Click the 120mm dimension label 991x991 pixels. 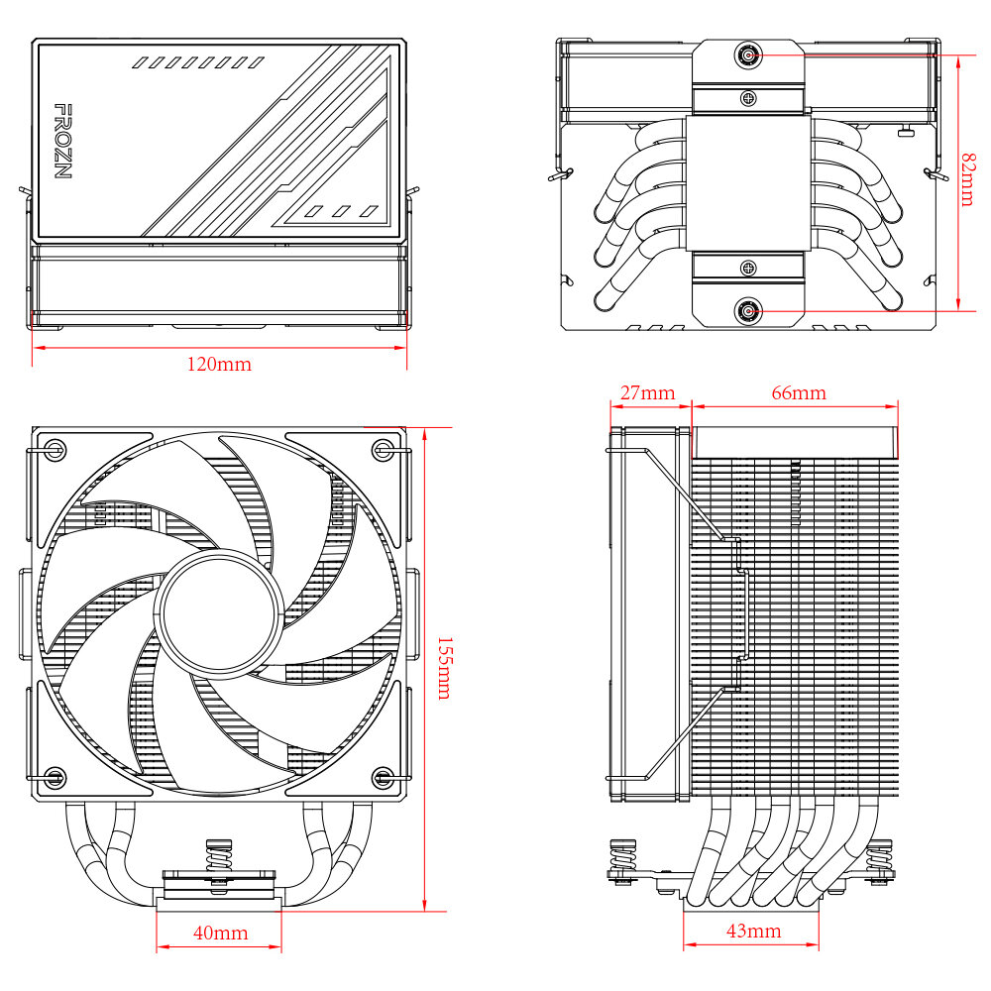[x=219, y=364]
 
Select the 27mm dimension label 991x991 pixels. [x=647, y=393]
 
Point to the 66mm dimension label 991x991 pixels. [x=798, y=393]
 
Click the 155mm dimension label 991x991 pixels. [x=443, y=667]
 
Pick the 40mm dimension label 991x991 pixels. [x=220, y=934]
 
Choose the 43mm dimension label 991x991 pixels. [x=753, y=932]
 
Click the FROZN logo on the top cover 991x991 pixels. [x=61, y=141]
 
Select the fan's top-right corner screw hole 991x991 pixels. [x=383, y=451]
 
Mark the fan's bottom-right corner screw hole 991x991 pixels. [x=383, y=775]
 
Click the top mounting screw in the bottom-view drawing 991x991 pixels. [x=749, y=55]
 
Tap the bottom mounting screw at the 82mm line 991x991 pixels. [x=749, y=311]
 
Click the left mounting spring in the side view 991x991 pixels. [x=623, y=858]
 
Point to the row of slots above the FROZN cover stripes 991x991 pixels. [x=198, y=62]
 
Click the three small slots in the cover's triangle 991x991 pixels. [x=341, y=210]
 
